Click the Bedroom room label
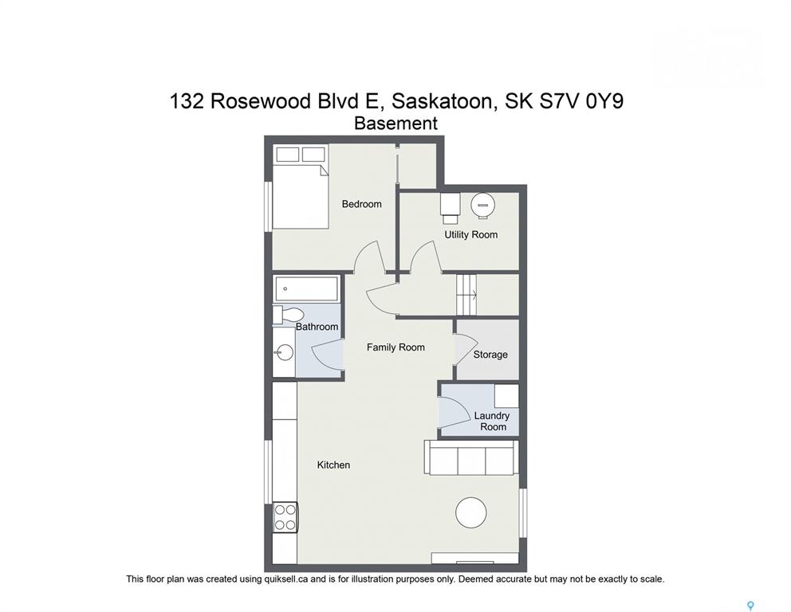click(361, 204)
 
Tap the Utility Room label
click(470, 234)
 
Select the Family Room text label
click(395, 347)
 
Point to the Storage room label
click(490, 355)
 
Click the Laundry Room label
click(492, 421)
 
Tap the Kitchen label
click(333, 465)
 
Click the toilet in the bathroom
click(287, 315)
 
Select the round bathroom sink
click(285, 352)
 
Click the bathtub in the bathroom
click(306, 288)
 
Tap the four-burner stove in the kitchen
click(285, 518)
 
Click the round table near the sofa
click(471, 512)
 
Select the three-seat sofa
click(471, 457)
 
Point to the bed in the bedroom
click(301, 187)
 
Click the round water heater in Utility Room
click(482, 205)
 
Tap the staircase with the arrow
click(466, 295)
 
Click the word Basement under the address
click(396, 123)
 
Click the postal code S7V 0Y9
click(581, 101)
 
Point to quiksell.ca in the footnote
click(285, 579)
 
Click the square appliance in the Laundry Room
click(506, 396)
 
